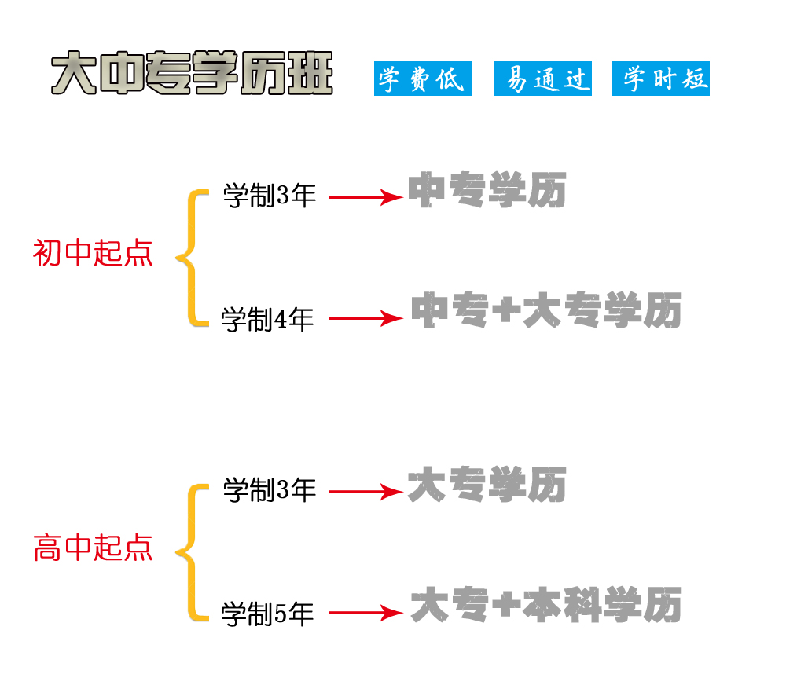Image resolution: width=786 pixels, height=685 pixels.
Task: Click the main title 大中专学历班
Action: point(192,75)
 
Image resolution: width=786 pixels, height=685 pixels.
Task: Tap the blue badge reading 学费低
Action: point(422,79)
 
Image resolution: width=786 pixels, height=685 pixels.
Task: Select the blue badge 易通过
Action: point(543,79)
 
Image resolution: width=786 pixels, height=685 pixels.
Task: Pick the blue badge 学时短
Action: point(661,79)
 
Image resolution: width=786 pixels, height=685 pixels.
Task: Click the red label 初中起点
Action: point(93,254)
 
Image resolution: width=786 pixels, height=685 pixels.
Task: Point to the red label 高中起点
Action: point(93,548)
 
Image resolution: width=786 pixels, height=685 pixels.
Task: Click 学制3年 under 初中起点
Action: point(270,196)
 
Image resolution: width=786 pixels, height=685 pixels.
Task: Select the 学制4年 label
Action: point(267,319)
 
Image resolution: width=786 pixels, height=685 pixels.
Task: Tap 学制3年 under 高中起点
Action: point(270,491)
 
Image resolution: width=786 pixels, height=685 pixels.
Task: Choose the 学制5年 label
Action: point(267,614)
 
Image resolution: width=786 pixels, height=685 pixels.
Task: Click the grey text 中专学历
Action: point(487,190)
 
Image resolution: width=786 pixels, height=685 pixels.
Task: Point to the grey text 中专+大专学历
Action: point(546,311)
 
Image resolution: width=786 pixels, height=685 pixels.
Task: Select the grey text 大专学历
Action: point(487,485)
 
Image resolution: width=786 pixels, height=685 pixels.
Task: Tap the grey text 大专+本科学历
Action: point(546,606)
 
